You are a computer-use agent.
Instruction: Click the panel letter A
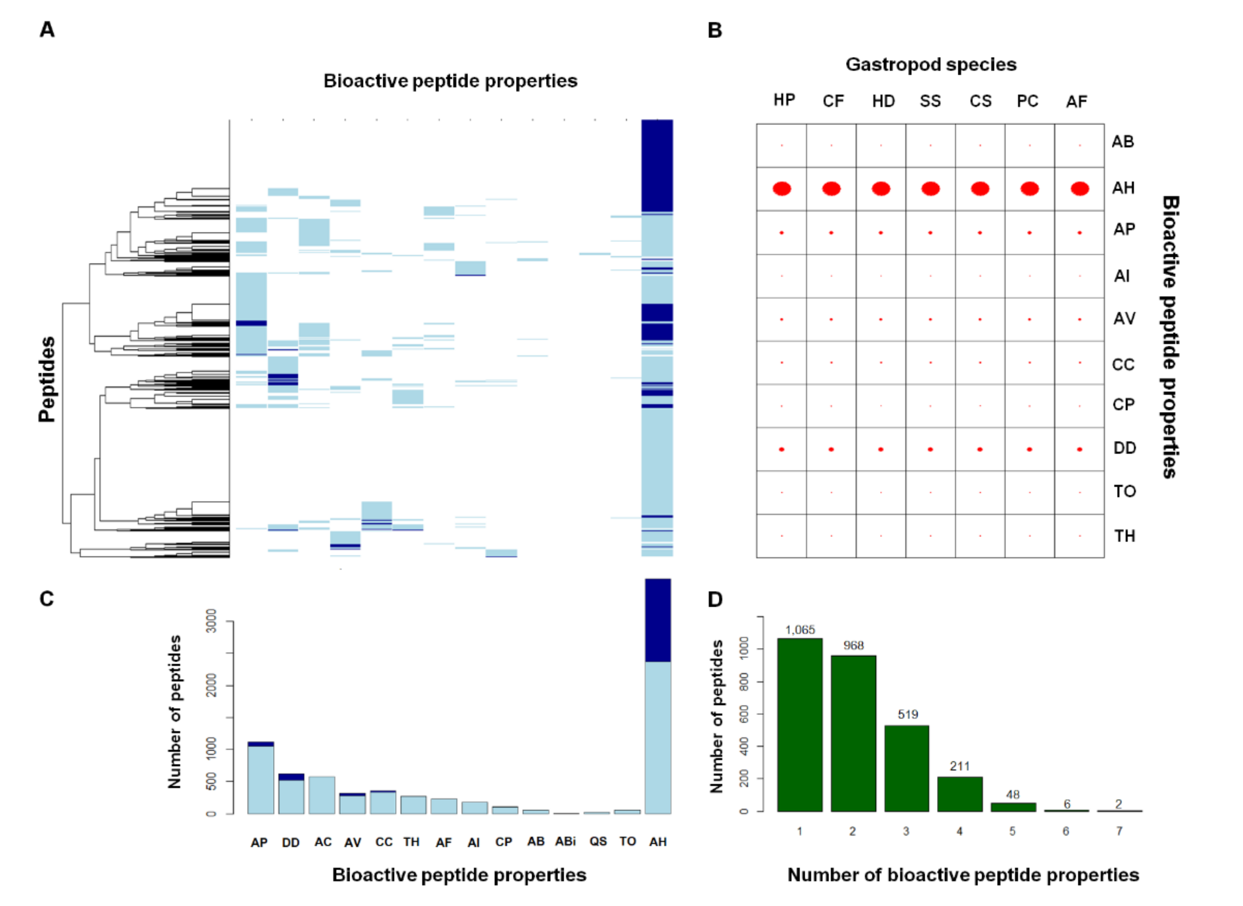point(47,30)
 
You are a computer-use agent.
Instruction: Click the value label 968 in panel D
point(853,646)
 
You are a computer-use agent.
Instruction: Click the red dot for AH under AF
point(1080,188)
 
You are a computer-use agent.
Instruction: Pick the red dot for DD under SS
point(931,449)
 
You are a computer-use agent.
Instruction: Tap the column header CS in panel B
point(980,101)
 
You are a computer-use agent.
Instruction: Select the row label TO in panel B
point(1124,491)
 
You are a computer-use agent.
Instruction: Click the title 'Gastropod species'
point(931,65)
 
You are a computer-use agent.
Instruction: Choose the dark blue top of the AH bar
point(658,620)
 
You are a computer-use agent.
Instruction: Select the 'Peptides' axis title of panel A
point(47,380)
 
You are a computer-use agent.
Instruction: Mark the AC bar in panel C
point(322,795)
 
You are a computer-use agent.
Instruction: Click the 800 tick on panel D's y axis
point(744,682)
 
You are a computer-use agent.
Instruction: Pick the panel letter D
point(715,599)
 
